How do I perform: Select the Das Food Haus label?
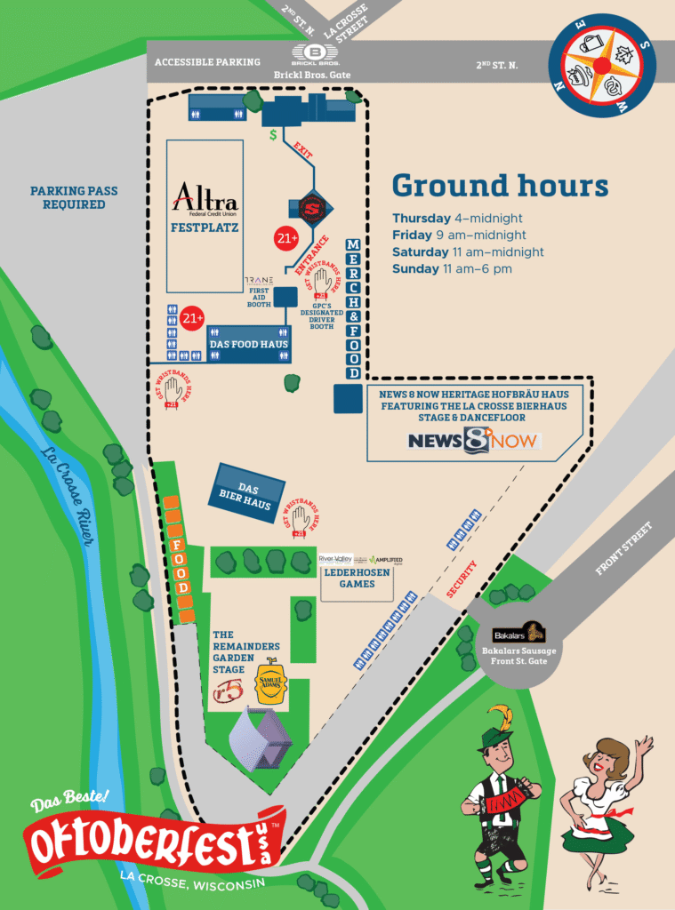248,344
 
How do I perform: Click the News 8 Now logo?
474,440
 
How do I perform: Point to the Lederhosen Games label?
356,579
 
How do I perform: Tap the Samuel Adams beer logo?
271,682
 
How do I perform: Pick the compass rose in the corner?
601,66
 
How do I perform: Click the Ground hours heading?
500,186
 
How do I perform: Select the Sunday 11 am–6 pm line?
464,269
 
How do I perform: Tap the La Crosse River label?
68,499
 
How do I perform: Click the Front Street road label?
623,548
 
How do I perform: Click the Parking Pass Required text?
74,197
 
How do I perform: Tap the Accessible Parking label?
207,62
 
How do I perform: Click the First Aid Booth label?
258,296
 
